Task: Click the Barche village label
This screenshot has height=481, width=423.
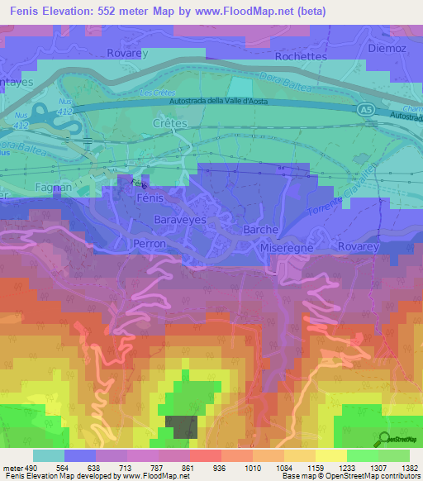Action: coord(261,230)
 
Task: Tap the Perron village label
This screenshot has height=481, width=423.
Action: coord(150,245)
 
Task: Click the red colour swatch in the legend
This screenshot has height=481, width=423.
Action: coord(205,455)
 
